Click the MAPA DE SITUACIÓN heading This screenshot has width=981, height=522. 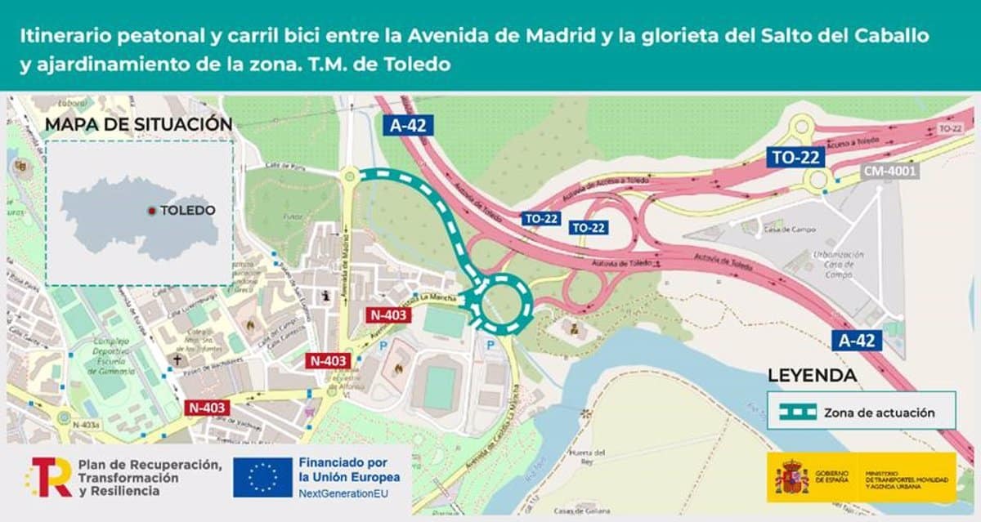point(138,124)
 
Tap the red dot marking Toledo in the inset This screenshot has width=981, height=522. point(151,211)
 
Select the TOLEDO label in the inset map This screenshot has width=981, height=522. point(187,211)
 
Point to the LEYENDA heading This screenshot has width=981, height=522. point(812,377)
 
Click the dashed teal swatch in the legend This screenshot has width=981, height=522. point(797,412)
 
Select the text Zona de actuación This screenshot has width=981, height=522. point(879,413)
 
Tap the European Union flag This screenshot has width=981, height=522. point(262,478)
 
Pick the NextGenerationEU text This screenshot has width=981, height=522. point(343,494)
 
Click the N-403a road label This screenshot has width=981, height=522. point(86,424)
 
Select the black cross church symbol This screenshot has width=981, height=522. point(176,359)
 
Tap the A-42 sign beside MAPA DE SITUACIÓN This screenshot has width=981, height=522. point(407,125)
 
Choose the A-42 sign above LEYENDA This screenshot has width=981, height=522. point(858,341)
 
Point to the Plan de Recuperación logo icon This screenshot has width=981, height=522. point(49,478)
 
